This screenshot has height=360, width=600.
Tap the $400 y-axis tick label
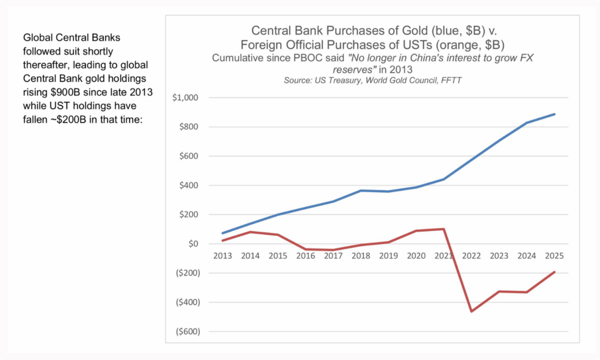pyautogui.click(x=187, y=185)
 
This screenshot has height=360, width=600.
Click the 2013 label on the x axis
pyautogui.click(x=223, y=256)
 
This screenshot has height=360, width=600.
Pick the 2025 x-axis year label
pyautogui.click(x=554, y=256)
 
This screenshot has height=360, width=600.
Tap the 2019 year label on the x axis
pyautogui.click(x=388, y=256)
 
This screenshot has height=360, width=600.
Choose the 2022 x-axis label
pyautogui.click(x=471, y=256)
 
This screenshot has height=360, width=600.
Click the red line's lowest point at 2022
pyautogui.click(x=472, y=311)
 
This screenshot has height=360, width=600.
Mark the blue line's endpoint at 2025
pyautogui.click(x=554, y=114)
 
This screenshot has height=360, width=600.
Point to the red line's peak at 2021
pyautogui.click(x=444, y=229)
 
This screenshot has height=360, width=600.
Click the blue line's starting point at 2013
pyautogui.click(x=223, y=233)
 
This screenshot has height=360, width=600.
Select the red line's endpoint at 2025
pyautogui.click(x=554, y=272)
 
